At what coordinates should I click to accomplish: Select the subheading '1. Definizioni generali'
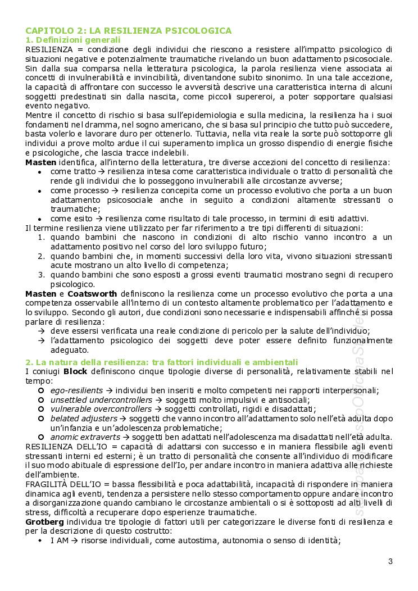pos(72,40)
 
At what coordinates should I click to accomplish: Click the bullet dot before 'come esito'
pos(39,219)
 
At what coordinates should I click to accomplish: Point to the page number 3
pos(390,561)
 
